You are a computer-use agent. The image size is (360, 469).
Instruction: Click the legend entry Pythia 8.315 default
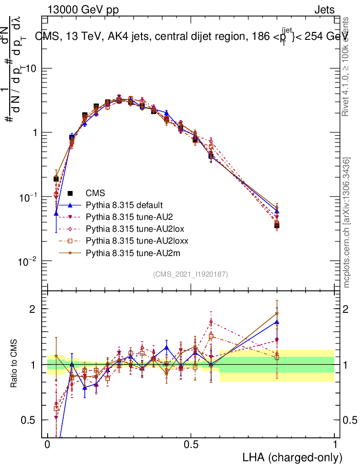125,205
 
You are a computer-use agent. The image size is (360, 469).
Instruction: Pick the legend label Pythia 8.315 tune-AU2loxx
137,240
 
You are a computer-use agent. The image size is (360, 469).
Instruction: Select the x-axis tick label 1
335,445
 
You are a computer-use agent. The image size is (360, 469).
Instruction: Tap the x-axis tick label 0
48,445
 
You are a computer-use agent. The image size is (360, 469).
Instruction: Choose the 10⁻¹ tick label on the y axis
29,196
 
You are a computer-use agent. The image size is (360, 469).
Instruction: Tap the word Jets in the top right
324,10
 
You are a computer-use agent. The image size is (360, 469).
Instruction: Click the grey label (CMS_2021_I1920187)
191,274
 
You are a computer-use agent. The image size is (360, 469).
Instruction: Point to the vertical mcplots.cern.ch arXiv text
348,223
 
